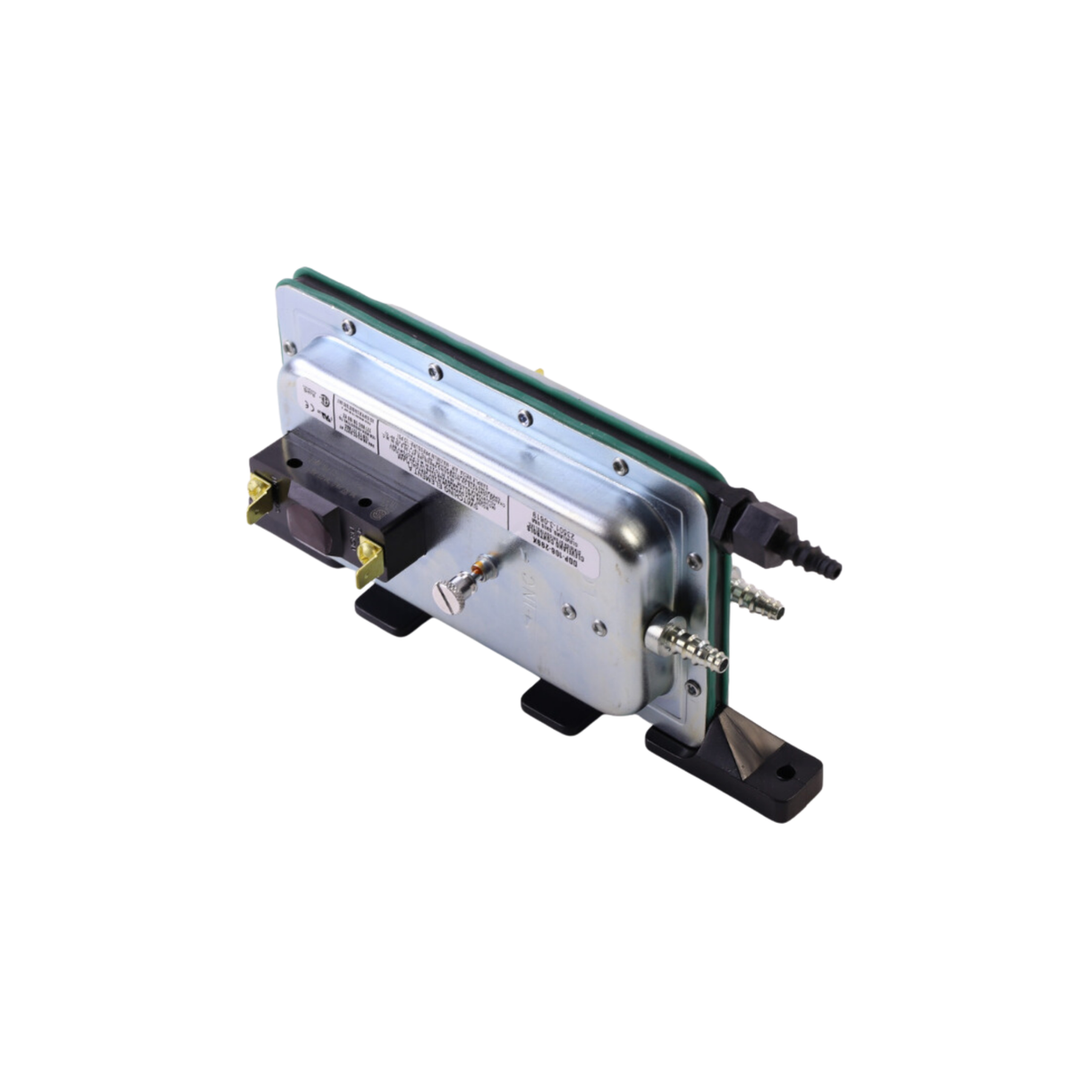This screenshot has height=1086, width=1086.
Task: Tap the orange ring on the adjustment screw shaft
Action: tap(484, 565)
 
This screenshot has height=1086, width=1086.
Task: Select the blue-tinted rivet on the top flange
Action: tap(525, 417)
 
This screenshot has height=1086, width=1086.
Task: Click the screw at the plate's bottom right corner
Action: tap(693, 687)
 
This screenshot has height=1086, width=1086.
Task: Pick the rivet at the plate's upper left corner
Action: tap(290, 347)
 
